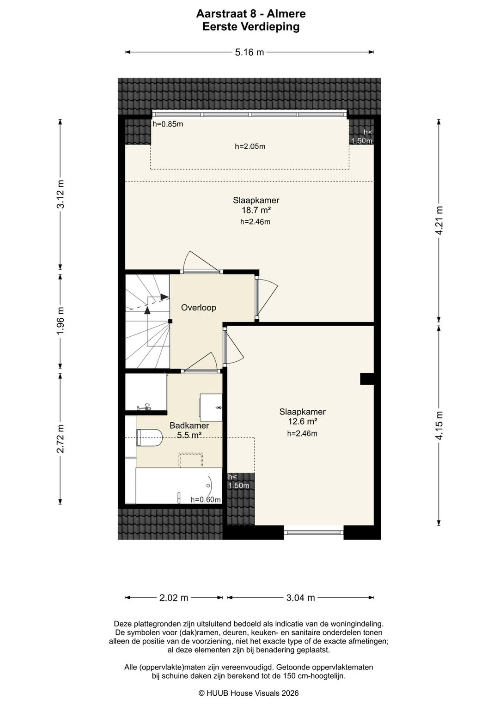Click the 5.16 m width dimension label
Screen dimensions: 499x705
pyautogui.click(x=249, y=52)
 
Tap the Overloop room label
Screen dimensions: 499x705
pyautogui.click(x=198, y=308)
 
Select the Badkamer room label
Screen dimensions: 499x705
pyautogui.click(x=189, y=425)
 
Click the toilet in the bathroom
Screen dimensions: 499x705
pyautogui.click(x=149, y=437)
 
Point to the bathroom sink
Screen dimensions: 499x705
pyautogui.click(x=211, y=407)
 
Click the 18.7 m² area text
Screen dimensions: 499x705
pyautogui.click(x=256, y=210)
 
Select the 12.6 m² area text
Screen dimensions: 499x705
pyautogui.click(x=302, y=421)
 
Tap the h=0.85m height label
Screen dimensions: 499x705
pyautogui.click(x=168, y=124)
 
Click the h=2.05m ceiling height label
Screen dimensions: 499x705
pyautogui.click(x=250, y=146)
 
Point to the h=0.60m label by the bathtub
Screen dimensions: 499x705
pyautogui.click(x=206, y=499)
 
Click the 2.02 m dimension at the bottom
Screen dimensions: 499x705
pyautogui.click(x=174, y=597)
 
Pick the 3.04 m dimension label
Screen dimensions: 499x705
pyautogui.click(x=301, y=597)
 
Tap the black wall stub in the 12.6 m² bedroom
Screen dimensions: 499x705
pyautogui.click(x=367, y=379)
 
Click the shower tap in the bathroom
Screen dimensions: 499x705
pyautogui.click(x=145, y=407)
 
